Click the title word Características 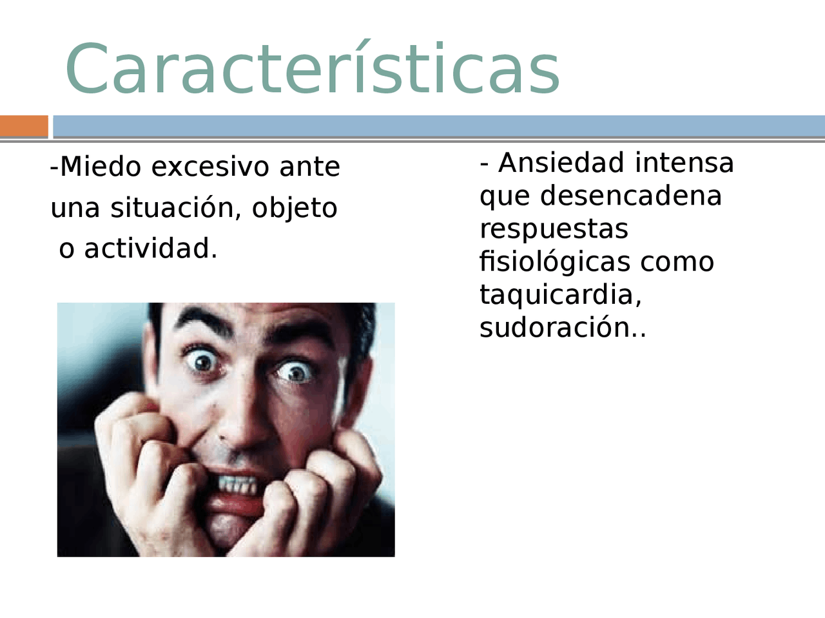tap(313, 70)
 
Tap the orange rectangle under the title tap(24, 126)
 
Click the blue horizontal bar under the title tap(438, 126)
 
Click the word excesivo tap(210, 167)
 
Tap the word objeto tap(295, 209)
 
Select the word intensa tap(684, 163)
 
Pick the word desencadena tap(631, 196)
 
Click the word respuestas tap(554, 229)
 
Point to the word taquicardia tap(558, 295)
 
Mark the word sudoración tap(558, 328)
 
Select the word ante tap(309, 167)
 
